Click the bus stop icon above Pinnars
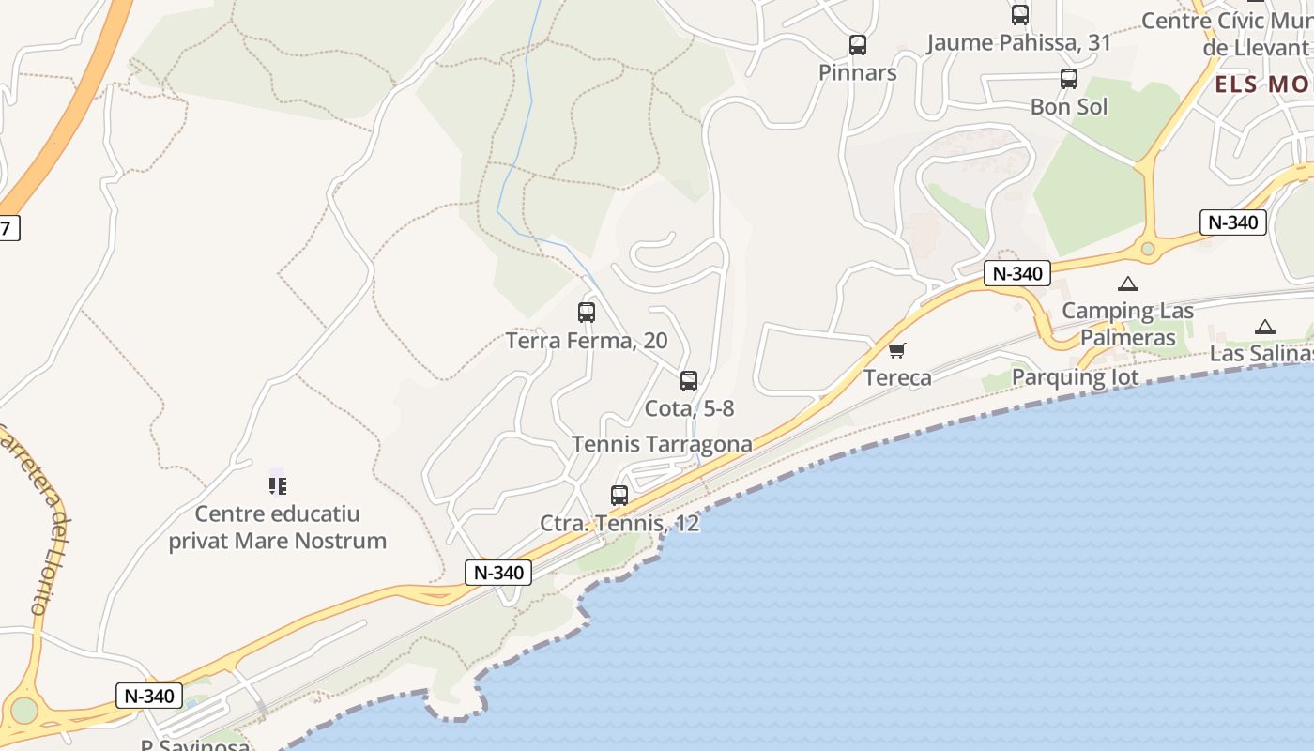click(x=857, y=44)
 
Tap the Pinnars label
click(x=857, y=73)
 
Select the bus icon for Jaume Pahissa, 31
click(x=1019, y=14)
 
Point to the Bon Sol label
click(x=1069, y=107)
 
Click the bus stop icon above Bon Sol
click(x=1068, y=79)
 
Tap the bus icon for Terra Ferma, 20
click(x=587, y=312)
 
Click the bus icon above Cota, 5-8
click(x=689, y=380)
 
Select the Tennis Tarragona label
click(x=662, y=444)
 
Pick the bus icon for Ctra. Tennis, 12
click(x=619, y=495)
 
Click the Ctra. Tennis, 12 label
click(x=619, y=523)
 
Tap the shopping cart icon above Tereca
click(x=897, y=351)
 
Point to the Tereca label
click(x=897, y=378)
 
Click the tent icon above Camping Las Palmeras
click(x=1127, y=284)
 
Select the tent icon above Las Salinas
click(x=1265, y=327)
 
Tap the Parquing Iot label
click(x=1075, y=377)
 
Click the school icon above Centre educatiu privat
click(x=277, y=485)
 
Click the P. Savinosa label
click(x=195, y=744)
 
